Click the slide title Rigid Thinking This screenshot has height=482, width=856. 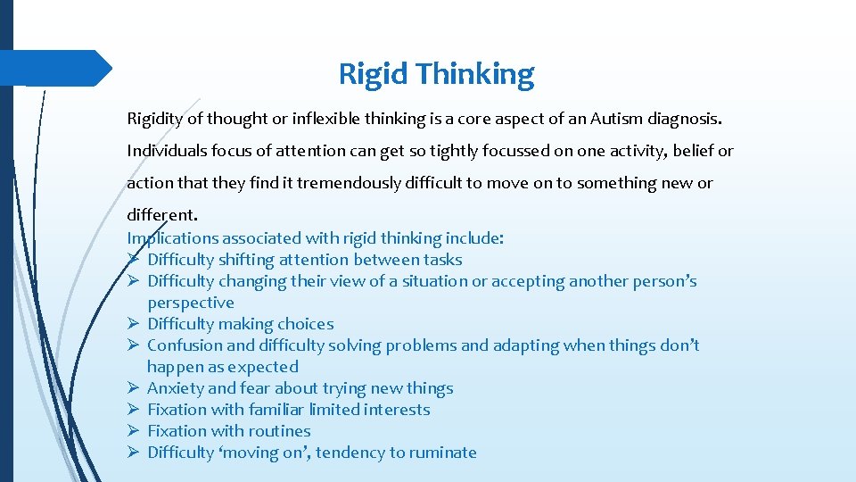[436, 73]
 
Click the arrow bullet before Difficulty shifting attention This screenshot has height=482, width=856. [133, 260]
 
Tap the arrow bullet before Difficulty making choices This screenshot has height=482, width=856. [133, 324]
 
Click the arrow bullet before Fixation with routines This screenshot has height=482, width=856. [133, 431]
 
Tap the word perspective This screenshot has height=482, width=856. [191, 303]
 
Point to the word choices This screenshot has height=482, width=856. [305, 324]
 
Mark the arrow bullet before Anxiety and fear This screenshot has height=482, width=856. [133, 388]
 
